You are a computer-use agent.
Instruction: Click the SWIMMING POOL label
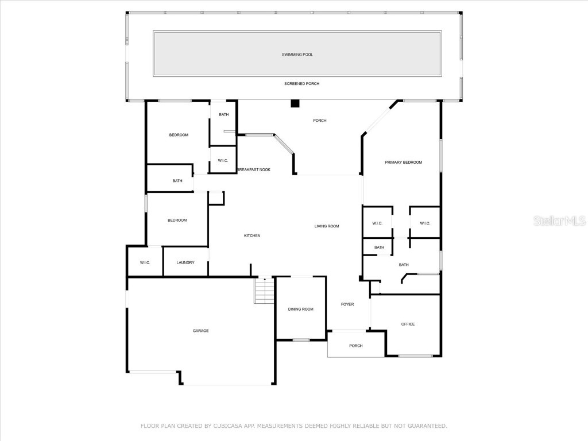tap(297, 55)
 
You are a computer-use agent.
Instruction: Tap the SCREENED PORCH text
tap(301, 84)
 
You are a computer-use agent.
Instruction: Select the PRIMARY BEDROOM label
tap(403, 163)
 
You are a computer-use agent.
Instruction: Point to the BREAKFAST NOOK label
tap(253, 170)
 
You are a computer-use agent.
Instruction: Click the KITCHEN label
tap(252, 236)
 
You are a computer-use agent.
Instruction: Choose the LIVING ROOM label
tap(327, 226)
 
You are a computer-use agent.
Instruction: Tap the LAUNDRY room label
tap(185, 263)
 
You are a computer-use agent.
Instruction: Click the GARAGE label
tap(200, 331)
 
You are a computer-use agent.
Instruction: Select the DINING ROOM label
tap(301, 310)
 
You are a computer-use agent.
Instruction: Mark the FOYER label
tap(347, 304)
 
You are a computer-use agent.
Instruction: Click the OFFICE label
tap(408, 324)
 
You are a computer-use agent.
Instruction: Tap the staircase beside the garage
tap(264, 291)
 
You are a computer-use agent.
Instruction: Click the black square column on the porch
tap(295, 104)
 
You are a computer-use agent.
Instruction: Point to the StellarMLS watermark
tap(559, 220)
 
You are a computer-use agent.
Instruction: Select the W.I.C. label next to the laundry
tap(145, 263)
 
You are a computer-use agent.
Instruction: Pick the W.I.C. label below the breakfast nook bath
tap(223, 161)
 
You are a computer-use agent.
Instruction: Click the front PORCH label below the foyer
tap(356, 346)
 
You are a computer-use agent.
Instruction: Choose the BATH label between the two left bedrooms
tap(177, 181)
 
